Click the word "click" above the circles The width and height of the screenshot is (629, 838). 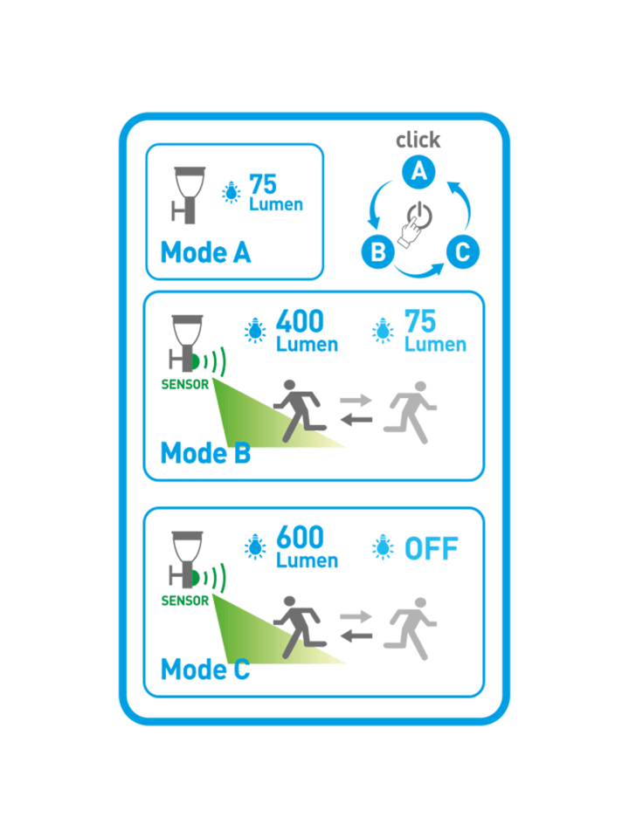(418, 140)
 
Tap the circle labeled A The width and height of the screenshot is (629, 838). (418, 172)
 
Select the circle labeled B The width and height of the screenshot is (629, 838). (378, 251)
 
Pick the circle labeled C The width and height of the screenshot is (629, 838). (463, 251)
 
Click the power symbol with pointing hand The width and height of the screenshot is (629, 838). (415, 224)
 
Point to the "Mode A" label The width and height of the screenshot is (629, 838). (205, 252)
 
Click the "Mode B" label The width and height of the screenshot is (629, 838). (205, 453)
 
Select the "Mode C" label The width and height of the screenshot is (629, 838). (205, 670)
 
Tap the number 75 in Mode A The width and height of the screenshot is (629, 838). (263, 184)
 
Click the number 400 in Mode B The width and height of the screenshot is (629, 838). (300, 321)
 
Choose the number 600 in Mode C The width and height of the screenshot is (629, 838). (300, 537)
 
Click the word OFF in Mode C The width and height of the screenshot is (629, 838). (431, 549)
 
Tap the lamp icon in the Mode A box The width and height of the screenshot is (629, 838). (189, 195)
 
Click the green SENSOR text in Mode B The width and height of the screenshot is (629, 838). (185, 384)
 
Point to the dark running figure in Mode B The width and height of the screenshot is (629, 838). (300, 411)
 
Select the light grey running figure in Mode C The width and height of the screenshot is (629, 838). (411, 628)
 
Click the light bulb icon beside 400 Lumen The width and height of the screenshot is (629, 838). (255, 330)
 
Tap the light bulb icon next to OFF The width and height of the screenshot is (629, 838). (383, 546)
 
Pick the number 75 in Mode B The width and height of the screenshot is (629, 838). (420, 321)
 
